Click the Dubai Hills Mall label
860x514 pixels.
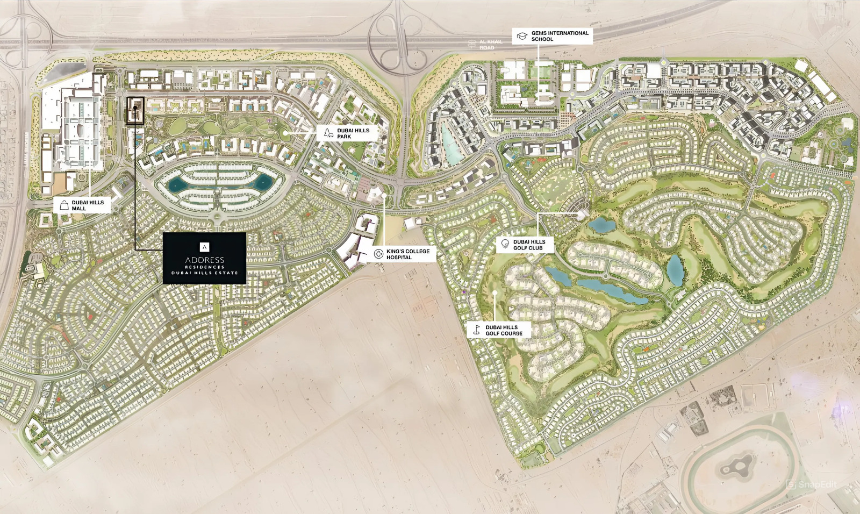[88, 205]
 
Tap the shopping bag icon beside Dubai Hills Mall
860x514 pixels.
[64, 205]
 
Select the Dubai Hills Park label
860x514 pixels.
[353, 133]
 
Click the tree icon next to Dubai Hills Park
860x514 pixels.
[328, 133]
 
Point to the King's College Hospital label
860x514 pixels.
[407, 254]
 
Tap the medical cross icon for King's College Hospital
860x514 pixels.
[378, 254]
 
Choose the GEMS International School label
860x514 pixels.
[560, 36]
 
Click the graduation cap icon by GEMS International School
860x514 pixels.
[521, 36]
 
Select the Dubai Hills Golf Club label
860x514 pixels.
[529, 245]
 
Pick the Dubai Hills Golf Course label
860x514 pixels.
[504, 330]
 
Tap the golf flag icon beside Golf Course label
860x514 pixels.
[476, 330]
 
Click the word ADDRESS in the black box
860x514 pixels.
[204, 260]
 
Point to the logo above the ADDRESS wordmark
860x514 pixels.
[204, 247]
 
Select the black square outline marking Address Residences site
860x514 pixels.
[135, 111]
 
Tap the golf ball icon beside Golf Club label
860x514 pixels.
[505, 244]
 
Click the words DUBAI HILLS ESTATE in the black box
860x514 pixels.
[204, 273]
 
